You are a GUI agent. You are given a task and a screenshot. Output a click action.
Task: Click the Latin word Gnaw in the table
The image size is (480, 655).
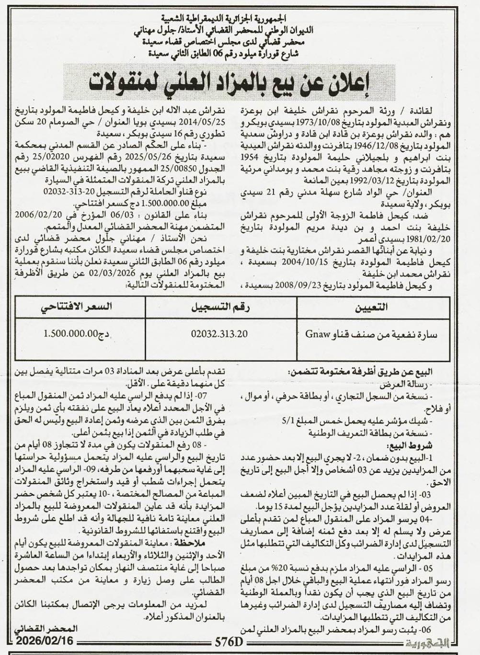tap(316, 334)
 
